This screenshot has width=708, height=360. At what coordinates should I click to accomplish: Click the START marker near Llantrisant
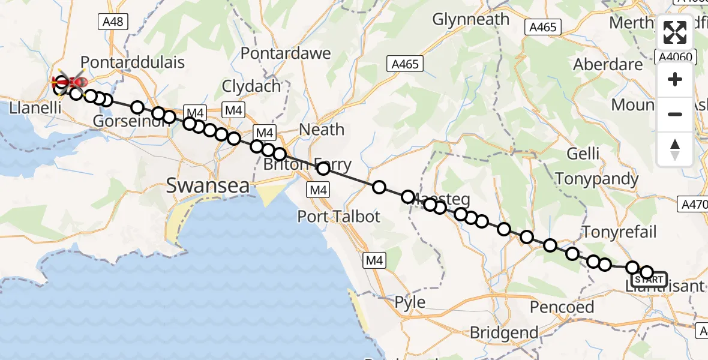click(x=649, y=280)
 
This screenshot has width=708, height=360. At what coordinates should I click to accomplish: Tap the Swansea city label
click(x=208, y=185)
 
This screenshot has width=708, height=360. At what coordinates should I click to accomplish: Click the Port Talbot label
click(x=338, y=216)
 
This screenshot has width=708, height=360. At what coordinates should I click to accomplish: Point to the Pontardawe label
click(x=286, y=53)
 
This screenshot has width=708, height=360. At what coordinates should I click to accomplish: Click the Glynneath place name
click(x=471, y=20)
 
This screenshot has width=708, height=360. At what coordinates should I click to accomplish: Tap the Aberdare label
click(x=608, y=65)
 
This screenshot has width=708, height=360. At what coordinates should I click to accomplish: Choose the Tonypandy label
click(x=596, y=179)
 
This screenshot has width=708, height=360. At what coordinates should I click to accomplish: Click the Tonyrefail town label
click(x=620, y=232)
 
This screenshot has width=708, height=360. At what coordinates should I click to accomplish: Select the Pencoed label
click(x=562, y=308)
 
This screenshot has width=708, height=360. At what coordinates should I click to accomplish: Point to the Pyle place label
click(x=410, y=302)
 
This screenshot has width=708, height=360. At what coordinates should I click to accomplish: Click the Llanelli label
click(x=30, y=109)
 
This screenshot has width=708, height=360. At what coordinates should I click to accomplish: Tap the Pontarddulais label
click(x=132, y=62)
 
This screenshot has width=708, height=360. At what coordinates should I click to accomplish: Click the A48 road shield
click(x=112, y=22)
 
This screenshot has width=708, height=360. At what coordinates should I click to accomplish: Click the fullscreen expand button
click(x=675, y=32)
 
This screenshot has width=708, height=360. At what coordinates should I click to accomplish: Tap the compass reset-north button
click(x=675, y=149)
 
